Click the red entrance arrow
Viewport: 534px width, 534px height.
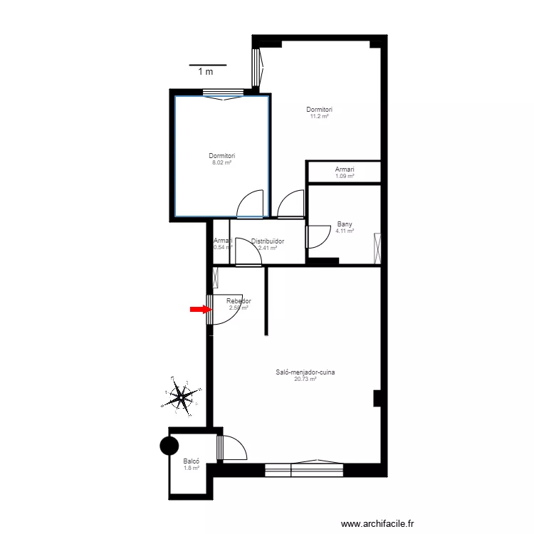(201, 309)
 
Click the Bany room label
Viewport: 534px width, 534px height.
(345, 224)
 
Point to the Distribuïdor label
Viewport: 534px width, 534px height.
(267, 241)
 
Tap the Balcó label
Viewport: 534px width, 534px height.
(191, 461)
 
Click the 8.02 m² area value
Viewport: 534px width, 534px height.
(221, 162)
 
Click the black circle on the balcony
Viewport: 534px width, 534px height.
(169, 446)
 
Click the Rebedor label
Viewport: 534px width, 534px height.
(239, 301)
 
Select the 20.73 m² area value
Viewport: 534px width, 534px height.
(305, 379)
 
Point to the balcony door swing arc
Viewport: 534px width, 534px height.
(235, 447)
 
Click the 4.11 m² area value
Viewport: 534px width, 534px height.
(345, 231)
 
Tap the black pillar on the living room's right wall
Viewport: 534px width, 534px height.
(377, 398)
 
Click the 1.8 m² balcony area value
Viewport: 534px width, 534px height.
(191, 468)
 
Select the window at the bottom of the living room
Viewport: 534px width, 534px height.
(304, 469)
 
